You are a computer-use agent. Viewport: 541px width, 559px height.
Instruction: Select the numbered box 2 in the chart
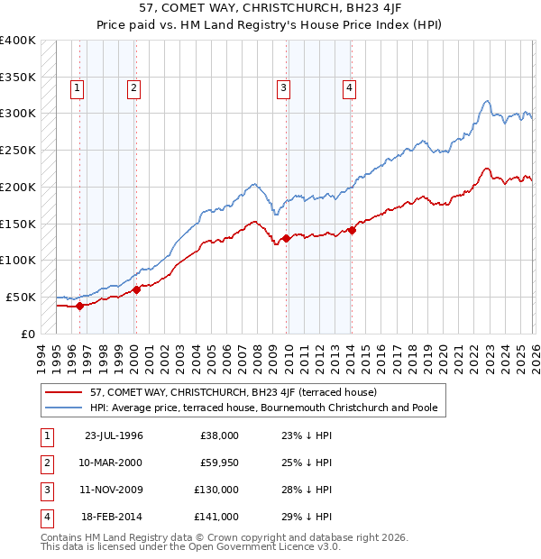133,87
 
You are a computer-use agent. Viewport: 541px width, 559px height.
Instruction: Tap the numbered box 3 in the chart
283,87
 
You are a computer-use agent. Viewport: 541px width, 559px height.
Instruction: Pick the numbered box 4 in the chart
348,87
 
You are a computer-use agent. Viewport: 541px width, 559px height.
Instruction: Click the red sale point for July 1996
80,306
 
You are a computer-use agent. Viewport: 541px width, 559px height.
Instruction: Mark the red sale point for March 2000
136,289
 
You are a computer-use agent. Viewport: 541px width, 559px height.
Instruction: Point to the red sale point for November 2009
286,238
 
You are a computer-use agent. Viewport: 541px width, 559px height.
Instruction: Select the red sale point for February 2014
352,230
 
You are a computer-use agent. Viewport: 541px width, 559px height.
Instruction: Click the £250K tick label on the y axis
18,150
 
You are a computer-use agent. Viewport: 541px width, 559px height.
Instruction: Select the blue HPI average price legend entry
263,408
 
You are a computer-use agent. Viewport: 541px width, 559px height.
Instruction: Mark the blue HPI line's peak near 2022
487,101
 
